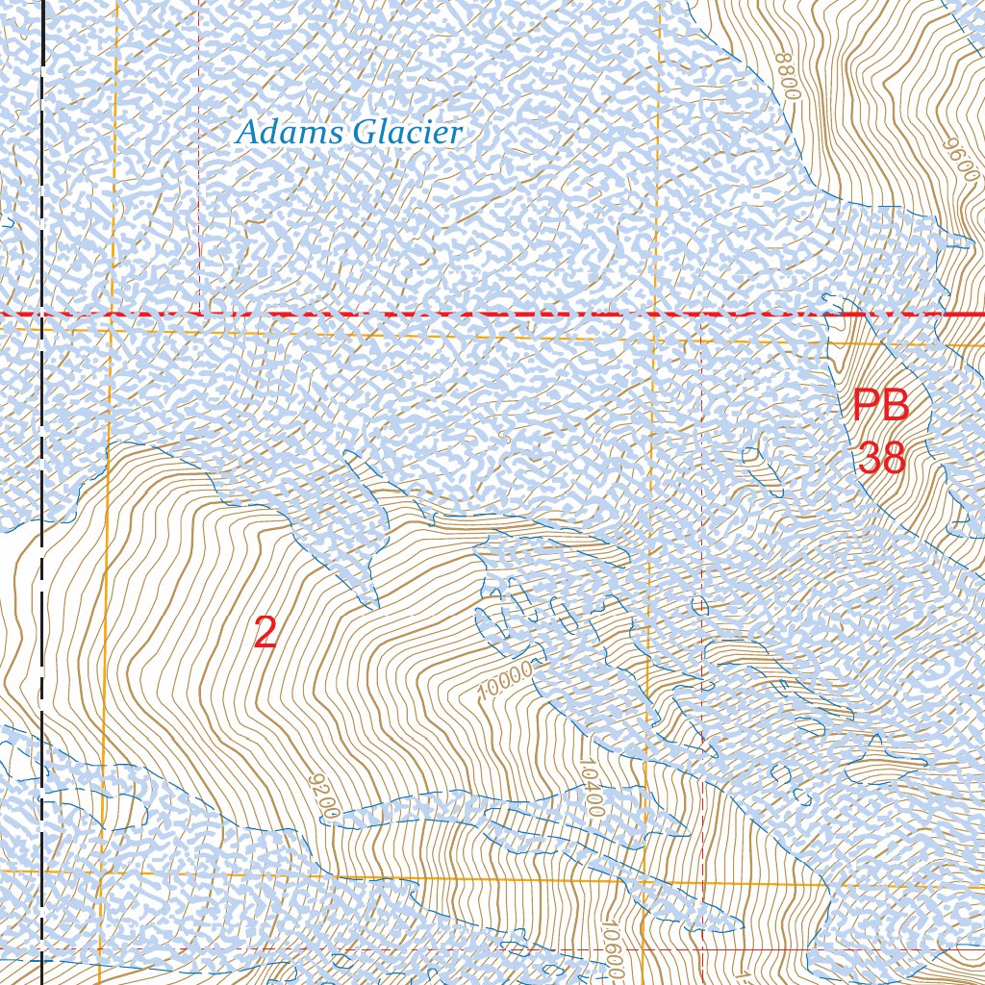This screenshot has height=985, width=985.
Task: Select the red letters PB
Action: tap(880, 405)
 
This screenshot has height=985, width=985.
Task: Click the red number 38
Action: tap(882, 458)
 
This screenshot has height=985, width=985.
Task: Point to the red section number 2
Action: tap(265, 632)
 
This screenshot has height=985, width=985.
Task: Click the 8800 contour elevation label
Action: tap(787, 78)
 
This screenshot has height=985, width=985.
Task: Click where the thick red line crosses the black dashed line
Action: tap(42, 315)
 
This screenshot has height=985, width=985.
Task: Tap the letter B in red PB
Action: tap(895, 405)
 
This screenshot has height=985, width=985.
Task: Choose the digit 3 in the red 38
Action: tap(870, 458)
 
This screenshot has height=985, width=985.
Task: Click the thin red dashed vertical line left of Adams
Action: tap(199, 192)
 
